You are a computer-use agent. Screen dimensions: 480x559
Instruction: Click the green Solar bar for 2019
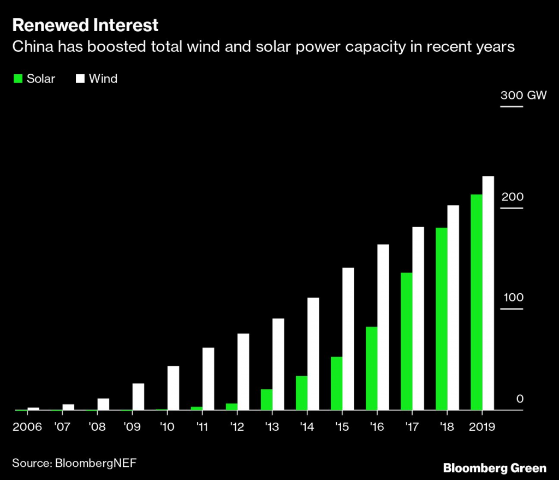pos(476,302)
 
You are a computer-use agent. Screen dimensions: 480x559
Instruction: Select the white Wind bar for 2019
pos(488,293)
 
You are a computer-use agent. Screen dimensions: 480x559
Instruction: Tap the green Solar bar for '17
pos(406,341)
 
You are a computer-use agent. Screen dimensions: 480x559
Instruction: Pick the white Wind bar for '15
pos(348,339)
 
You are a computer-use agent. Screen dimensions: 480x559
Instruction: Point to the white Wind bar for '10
pos(173,388)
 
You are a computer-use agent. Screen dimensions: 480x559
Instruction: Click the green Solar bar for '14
pos(301,393)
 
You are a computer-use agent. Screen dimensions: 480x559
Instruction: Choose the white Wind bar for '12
pos(243,371)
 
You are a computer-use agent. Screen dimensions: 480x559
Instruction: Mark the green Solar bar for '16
pos(371,368)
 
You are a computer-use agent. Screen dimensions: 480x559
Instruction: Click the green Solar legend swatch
pos(17,79)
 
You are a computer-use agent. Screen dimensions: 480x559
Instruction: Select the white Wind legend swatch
pos(80,79)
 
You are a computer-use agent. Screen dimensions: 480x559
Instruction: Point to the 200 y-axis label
pos(512,197)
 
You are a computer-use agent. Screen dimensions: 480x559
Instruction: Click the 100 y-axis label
pos(512,298)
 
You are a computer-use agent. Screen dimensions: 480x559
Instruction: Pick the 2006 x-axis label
pos(28,426)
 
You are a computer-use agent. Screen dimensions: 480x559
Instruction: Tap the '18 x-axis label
pos(447,426)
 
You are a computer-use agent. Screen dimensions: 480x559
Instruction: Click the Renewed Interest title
pos(86,25)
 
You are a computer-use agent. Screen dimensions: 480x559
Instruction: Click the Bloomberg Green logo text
pos(494,468)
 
